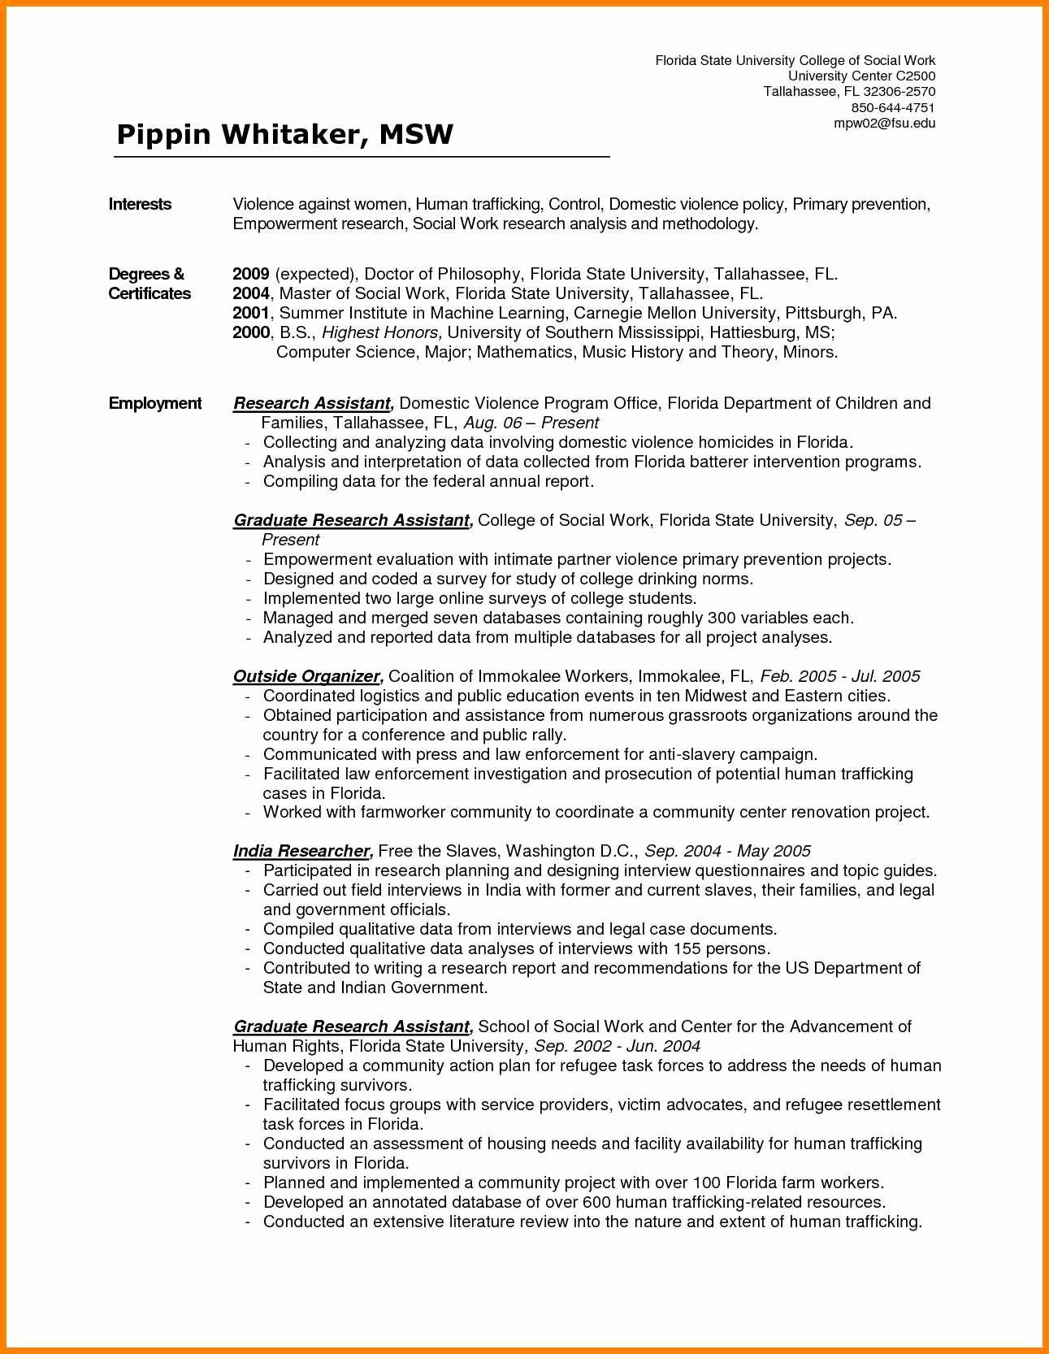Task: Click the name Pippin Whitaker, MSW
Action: point(284,134)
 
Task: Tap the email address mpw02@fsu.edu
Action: point(885,124)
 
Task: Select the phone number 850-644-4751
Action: point(893,108)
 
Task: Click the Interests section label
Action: point(140,204)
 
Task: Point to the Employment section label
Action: point(155,403)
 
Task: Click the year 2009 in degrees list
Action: point(250,274)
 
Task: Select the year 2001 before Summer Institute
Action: point(250,313)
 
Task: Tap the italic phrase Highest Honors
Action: point(382,332)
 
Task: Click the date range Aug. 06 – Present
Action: point(531,423)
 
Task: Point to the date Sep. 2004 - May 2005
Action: point(727,851)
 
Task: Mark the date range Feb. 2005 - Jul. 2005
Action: point(839,676)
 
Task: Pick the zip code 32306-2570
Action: point(899,92)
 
